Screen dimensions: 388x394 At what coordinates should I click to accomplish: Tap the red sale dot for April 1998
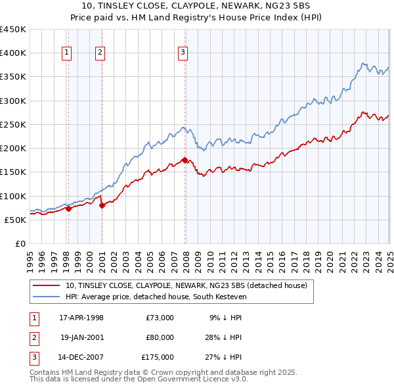coord(68,209)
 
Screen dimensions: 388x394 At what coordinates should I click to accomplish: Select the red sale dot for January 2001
coord(102,206)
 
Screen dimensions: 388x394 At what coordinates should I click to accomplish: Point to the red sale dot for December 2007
coord(185,160)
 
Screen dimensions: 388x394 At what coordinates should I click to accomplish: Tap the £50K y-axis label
coord(15,220)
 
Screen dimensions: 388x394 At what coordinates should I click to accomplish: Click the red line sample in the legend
coord(46,286)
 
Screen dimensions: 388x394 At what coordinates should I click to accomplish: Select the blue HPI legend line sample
coord(46,297)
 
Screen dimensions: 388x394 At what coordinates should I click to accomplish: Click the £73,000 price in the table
coord(160,318)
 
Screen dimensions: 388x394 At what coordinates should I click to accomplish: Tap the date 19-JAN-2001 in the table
coord(81,337)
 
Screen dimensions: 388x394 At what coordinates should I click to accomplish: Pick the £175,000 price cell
coord(158,358)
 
